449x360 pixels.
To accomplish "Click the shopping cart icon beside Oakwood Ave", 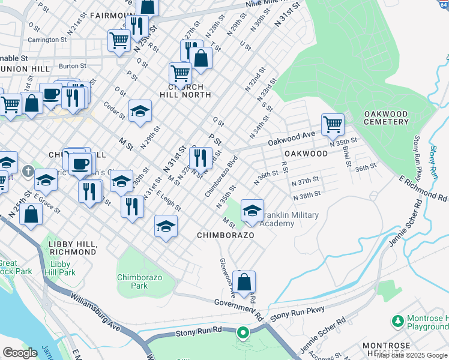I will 333,125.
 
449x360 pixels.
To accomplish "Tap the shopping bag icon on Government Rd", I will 244,282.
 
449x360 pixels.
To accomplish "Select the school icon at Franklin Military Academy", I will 252,211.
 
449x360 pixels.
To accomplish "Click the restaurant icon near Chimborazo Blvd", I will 200,158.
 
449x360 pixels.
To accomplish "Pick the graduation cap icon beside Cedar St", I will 140,111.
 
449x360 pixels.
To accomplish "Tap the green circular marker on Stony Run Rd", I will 243,332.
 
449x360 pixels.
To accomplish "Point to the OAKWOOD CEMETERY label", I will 386,118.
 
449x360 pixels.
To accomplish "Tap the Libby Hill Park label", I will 62,268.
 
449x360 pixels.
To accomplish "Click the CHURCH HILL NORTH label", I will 185,91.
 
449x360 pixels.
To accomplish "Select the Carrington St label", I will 51,40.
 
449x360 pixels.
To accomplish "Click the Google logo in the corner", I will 20,353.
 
